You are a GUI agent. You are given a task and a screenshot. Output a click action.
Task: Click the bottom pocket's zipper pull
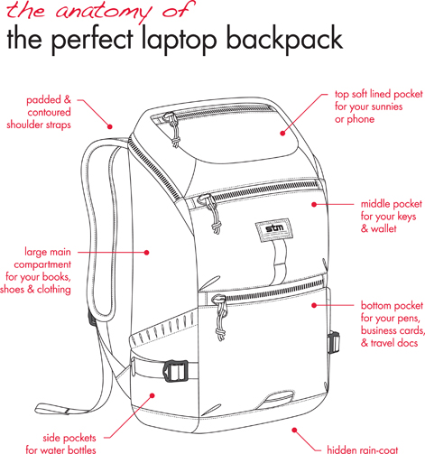point(220,316)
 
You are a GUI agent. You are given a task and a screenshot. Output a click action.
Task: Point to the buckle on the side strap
point(176,370)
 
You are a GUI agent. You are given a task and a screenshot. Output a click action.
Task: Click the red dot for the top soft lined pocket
point(282,133)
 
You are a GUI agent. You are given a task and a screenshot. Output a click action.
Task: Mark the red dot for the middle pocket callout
point(314,204)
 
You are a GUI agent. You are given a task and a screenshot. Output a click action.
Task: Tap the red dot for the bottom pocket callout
point(314,305)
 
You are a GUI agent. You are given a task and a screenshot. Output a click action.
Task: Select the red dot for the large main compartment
point(147,253)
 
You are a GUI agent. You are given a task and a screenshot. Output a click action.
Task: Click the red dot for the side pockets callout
point(152,395)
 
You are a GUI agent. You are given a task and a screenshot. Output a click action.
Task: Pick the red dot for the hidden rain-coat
point(294,430)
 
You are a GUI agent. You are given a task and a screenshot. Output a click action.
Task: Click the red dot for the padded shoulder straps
point(110,126)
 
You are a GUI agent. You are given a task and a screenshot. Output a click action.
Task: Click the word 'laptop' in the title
point(179,40)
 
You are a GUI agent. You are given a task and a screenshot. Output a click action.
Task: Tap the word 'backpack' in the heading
point(284,39)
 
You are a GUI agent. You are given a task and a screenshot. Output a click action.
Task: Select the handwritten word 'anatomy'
point(103,11)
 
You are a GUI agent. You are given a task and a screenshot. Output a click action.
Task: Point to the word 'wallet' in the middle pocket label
point(383,228)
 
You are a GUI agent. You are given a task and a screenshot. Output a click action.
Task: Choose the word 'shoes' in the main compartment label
point(13,290)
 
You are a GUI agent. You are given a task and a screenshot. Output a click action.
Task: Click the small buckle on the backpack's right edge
point(333,342)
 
